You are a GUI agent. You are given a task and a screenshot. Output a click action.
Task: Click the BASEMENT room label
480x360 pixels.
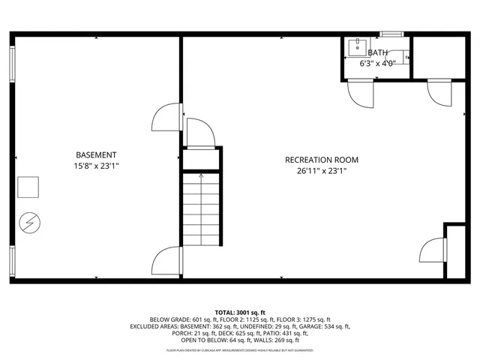tap(96, 154)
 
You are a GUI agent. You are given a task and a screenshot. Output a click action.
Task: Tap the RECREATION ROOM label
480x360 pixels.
tap(321, 160)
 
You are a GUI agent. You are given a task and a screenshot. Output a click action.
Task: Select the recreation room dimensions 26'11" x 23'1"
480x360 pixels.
tap(321, 170)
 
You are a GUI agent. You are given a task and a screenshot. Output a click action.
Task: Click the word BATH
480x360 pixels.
tap(378, 53)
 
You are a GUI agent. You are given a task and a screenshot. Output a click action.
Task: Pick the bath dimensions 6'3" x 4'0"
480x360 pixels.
tap(377, 64)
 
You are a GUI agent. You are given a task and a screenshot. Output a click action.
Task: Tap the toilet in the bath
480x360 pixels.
tap(404, 56)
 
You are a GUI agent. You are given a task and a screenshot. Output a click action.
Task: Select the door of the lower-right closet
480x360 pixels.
tap(433, 250)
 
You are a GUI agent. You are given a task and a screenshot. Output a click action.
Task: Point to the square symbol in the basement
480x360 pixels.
tap(28, 187)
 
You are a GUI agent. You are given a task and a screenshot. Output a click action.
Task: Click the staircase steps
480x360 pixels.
tap(200, 210)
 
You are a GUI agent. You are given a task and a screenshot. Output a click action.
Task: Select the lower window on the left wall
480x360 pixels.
tap(12, 259)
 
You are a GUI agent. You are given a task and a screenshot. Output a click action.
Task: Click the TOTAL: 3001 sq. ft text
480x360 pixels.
tap(240, 312)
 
